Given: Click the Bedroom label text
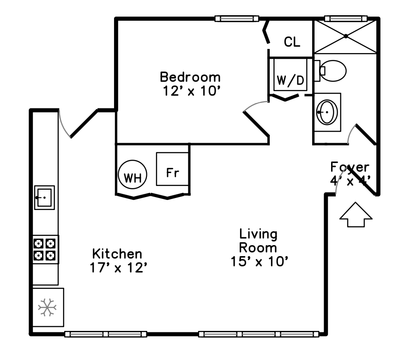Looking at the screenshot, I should coord(190,77).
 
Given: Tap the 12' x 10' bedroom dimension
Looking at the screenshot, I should coord(190,91).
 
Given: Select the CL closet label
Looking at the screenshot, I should coord(292,42).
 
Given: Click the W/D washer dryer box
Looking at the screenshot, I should coord(290,80).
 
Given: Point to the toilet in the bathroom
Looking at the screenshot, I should coord(332,71).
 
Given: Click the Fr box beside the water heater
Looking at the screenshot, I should coord(172,169).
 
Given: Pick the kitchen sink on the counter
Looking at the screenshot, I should coord(44,198).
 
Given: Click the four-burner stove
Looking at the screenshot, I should coord(45,249).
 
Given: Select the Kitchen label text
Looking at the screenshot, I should coord(117,254).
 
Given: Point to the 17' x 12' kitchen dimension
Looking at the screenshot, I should coord(118,268).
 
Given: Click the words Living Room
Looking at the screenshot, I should coord(258,240).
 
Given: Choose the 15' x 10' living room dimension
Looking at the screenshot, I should coord(260,262).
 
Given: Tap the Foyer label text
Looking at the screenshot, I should coord(350,167).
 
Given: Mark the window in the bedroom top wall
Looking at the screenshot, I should coord(236,18).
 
